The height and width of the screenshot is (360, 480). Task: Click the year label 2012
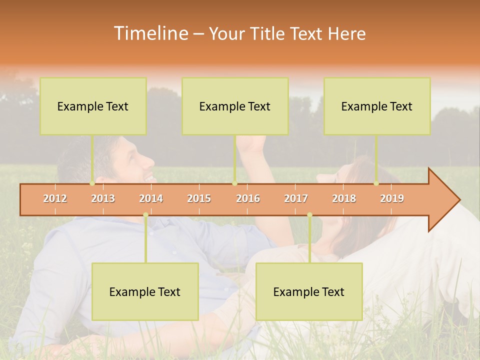pyautogui.click(x=55, y=199)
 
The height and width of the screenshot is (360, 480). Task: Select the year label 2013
pyautogui.click(x=103, y=199)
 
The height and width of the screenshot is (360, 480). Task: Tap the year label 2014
pyautogui.click(x=151, y=199)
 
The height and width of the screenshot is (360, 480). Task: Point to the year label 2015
pyautogui.click(x=199, y=199)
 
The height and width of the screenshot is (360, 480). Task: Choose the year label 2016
pyautogui.click(x=248, y=199)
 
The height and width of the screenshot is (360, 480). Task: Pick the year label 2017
pyautogui.click(x=296, y=199)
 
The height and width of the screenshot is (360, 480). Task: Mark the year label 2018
pyautogui.click(x=344, y=199)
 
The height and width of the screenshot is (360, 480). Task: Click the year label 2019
pyautogui.click(x=392, y=199)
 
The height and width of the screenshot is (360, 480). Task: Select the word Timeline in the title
pyautogui.click(x=149, y=33)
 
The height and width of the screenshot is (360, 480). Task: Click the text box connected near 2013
pyautogui.click(x=93, y=106)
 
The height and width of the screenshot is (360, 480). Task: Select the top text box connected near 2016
pyautogui.click(x=235, y=106)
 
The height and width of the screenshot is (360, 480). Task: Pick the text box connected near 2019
pyautogui.click(x=377, y=106)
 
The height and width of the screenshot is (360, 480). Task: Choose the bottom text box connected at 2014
pyautogui.click(x=145, y=291)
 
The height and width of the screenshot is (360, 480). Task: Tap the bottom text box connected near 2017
pyautogui.click(x=309, y=291)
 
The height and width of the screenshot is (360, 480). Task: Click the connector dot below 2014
pyautogui.click(x=145, y=215)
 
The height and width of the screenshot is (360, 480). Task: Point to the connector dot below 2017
pyautogui.click(x=309, y=215)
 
